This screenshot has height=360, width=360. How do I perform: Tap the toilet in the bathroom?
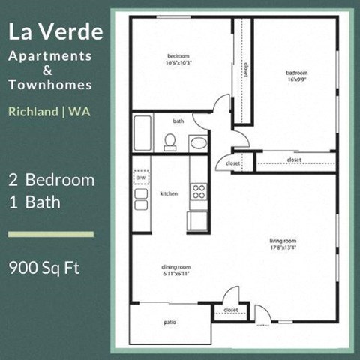(x=170, y=141)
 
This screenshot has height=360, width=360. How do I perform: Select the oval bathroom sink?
(x=198, y=142)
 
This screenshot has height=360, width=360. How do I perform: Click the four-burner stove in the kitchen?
(x=199, y=191)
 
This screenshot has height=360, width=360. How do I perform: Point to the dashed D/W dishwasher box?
(x=141, y=178)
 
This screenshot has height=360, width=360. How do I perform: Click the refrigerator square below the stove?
(x=198, y=220)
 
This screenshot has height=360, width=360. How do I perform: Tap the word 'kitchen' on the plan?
(x=169, y=193)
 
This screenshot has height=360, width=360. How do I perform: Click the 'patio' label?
(x=170, y=322)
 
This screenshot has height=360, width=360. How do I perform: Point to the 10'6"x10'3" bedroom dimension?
(x=178, y=62)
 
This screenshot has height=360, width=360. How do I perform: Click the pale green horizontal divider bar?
(x=50, y=234)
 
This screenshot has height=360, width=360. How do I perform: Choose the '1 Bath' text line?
(x=36, y=202)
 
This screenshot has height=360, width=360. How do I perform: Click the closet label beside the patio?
(x=230, y=310)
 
